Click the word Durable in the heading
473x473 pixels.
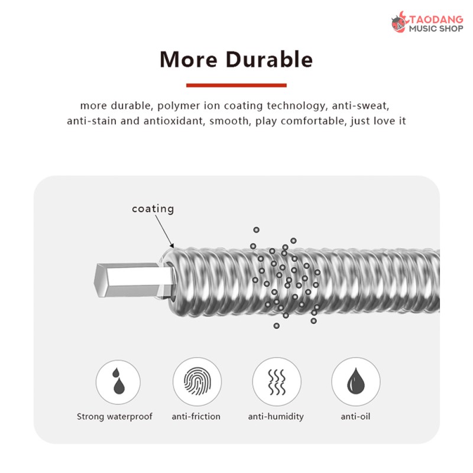click(x=269, y=60)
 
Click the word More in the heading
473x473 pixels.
click(x=189, y=60)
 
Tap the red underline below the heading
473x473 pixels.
click(x=236, y=85)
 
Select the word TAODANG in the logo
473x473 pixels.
click(x=436, y=20)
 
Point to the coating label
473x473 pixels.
click(x=153, y=209)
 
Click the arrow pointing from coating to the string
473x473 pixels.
click(x=164, y=232)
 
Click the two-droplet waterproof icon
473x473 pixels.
click(x=118, y=381)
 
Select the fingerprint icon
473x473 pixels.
click(x=197, y=381)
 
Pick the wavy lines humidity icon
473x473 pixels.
click(x=277, y=382)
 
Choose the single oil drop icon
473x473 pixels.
click(x=356, y=381)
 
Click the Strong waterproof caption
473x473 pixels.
click(x=115, y=417)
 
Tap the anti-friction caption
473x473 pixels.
click(x=196, y=416)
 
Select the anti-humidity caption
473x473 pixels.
click(x=276, y=417)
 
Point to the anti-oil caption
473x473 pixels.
click(x=355, y=416)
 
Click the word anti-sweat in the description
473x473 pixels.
click(x=361, y=106)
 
